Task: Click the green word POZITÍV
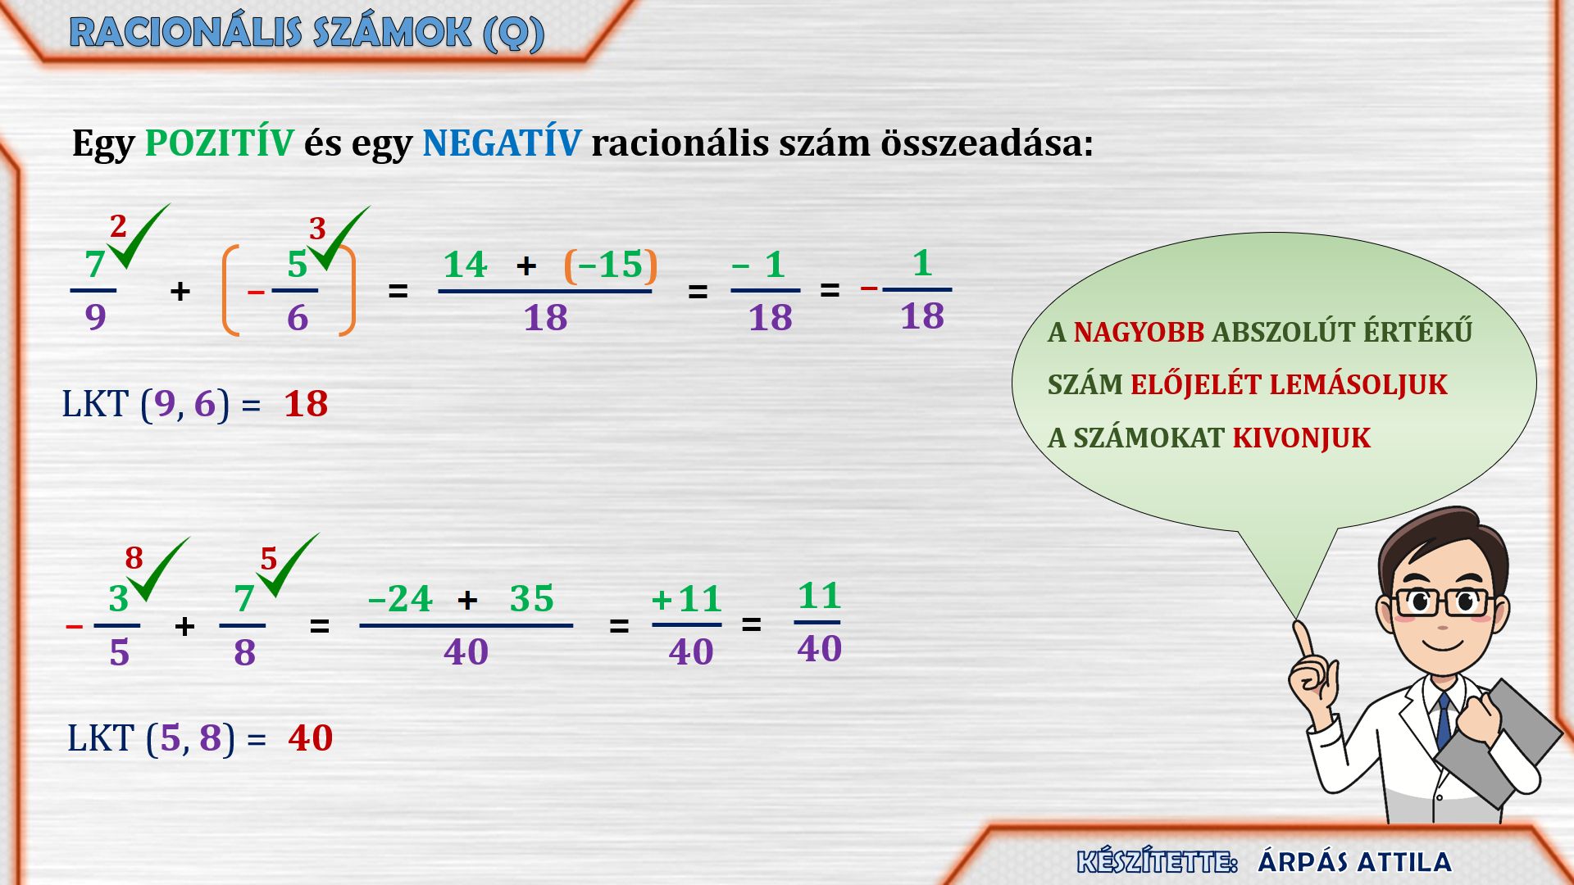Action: click(x=219, y=143)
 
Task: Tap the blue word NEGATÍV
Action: click(x=502, y=143)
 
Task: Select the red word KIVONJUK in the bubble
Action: click(x=1301, y=438)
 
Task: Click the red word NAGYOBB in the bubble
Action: click(x=1139, y=332)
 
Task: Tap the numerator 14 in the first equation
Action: click(x=465, y=265)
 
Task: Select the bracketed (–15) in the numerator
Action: click(x=611, y=265)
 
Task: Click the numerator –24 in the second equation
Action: click(x=400, y=599)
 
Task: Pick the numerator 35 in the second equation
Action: click(x=531, y=599)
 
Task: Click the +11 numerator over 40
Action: click(x=686, y=599)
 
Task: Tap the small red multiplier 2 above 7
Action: click(x=118, y=225)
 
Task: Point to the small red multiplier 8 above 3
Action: click(x=134, y=558)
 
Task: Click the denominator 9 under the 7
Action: click(x=95, y=316)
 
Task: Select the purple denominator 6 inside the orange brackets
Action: click(x=298, y=317)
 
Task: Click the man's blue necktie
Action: click(x=1444, y=721)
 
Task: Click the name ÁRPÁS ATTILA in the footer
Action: click(x=1354, y=862)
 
